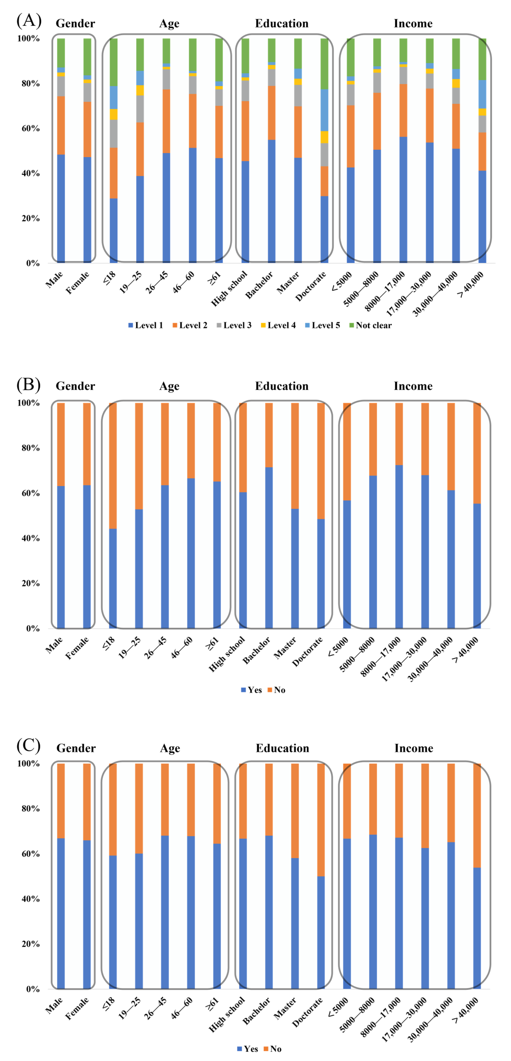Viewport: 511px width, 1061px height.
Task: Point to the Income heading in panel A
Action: [x=413, y=23]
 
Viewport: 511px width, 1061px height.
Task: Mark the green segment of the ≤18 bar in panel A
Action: [x=113, y=62]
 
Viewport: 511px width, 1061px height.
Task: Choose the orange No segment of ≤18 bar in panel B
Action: [x=113, y=465]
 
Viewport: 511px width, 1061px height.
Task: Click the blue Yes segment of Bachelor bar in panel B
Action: [x=269, y=548]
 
